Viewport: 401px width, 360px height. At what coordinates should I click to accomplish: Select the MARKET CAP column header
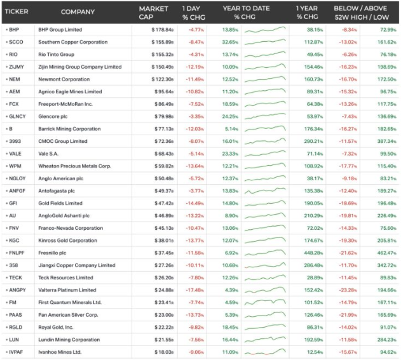click(153, 11)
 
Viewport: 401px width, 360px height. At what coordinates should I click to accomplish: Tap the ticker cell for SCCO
click(16, 42)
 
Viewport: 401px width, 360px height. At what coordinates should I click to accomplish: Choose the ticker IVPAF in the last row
click(18, 352)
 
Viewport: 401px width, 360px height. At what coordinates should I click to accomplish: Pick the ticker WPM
click(15, 166)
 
